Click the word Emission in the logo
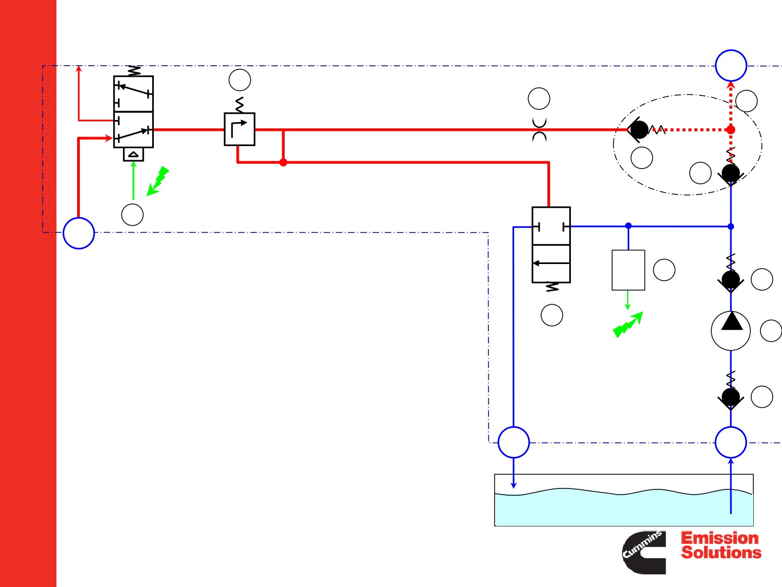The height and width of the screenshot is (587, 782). coord(719,538)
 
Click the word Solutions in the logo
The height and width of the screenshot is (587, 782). coord(721,553)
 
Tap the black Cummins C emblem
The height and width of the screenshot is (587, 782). coord(644,552)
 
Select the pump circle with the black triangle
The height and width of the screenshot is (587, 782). coord(731,331)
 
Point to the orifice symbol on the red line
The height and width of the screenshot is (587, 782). coord(539,130)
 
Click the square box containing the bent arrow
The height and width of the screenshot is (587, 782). coord(239,129)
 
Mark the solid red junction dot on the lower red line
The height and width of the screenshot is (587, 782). coord(283,162)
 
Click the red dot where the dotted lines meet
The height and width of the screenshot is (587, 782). coord(731,130)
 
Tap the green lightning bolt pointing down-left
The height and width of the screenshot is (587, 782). coord(158,181)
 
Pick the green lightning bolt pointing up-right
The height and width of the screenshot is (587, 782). coord(628,325)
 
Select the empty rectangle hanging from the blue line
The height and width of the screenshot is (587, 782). coord(628,270)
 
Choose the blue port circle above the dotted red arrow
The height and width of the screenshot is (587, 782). coord(731,66)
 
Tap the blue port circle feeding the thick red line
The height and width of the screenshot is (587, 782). coord(79,233)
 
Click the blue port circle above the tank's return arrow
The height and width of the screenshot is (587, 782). coord(514,442)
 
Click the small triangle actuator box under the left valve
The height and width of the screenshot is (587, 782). coord(133,154)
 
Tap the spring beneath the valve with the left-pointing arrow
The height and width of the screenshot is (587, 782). coord(552,287)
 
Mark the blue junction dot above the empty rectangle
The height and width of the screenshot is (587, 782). coord(628,225)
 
